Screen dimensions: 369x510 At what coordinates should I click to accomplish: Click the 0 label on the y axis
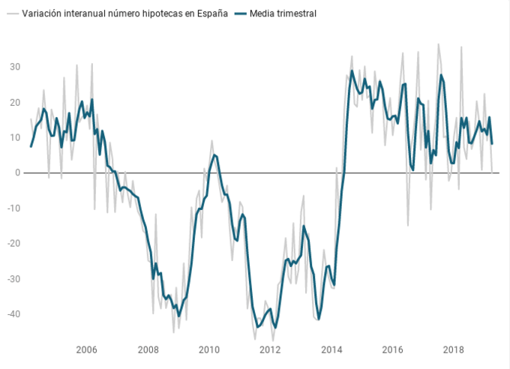(x=17, y=173)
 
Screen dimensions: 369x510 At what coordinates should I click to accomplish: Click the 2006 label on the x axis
(x=87, y=349)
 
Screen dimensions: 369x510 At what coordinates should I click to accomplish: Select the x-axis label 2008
(x=148, y=349)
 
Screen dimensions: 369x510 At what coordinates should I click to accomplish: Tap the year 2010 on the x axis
(x=209, y=349)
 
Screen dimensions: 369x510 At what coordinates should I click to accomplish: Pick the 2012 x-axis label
(x=270, y=349)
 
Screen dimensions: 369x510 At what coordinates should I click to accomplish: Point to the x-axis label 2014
(x=331, y=349)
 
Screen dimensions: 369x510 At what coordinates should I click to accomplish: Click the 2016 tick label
(x=392, y=349)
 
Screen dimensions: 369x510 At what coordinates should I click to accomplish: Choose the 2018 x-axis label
(x=453, y=349)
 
